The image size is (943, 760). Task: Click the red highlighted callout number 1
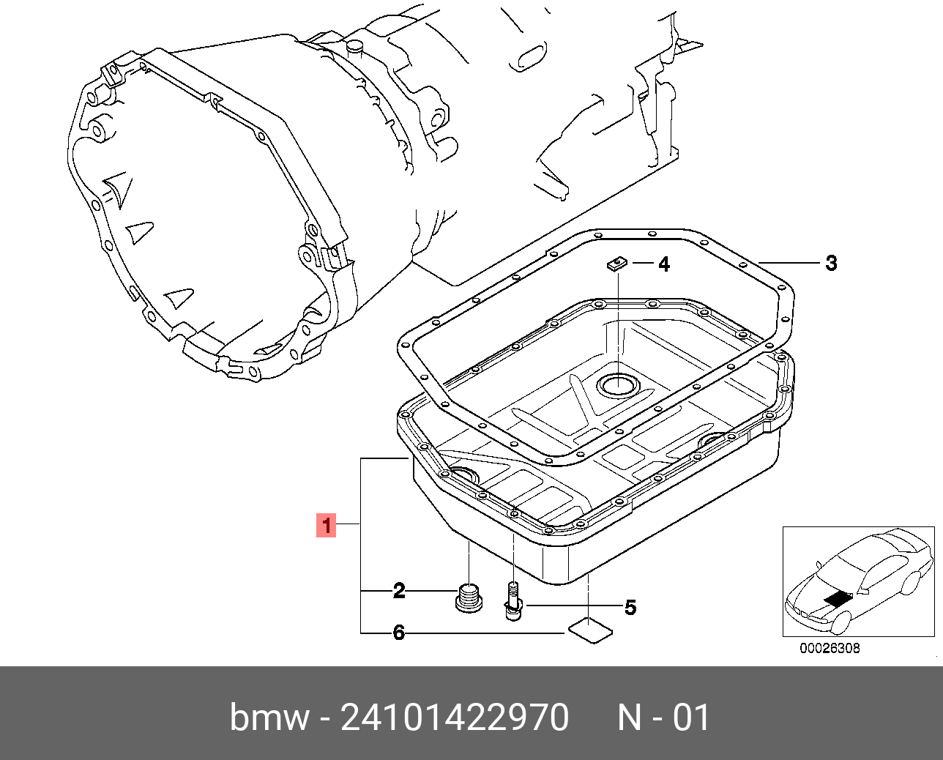click(x=326, y=525)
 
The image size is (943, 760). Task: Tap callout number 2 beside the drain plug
click(x=399, y=591)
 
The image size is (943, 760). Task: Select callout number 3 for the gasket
click(x=831, y=264)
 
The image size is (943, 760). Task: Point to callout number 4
click(x=664, y=264)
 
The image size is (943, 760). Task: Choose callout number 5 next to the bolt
click(x=630, y=608)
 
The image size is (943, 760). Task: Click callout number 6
click(x=399, y=633)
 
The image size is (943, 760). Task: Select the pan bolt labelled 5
click(x=513, y=600)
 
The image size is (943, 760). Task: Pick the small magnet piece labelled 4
click(x=617, y=264)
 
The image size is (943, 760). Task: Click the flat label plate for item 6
click(x=590, y=630)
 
